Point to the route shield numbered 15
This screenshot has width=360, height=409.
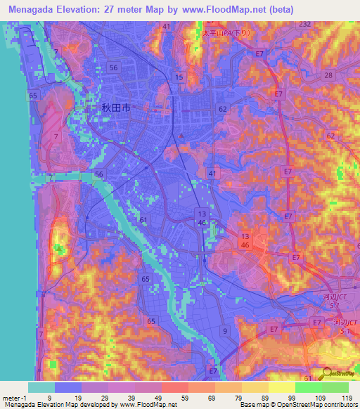(x=180, y=77)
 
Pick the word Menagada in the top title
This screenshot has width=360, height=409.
(x=35, y=11)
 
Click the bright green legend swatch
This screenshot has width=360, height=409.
(x=308, y=387)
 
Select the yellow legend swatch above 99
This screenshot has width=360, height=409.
(x=281, y=387)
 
